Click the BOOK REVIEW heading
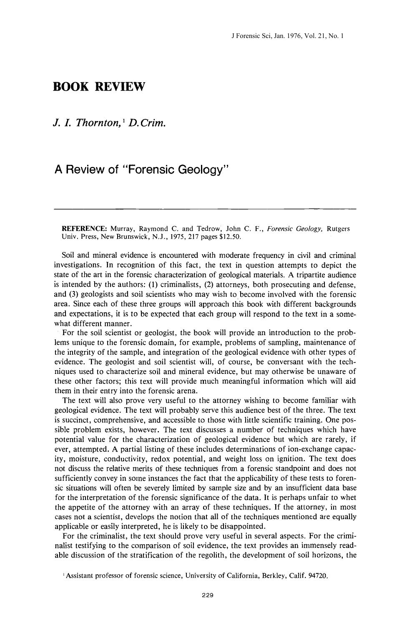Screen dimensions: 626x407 99,87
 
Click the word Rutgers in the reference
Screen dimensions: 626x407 338,229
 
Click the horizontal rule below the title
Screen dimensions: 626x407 205,208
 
